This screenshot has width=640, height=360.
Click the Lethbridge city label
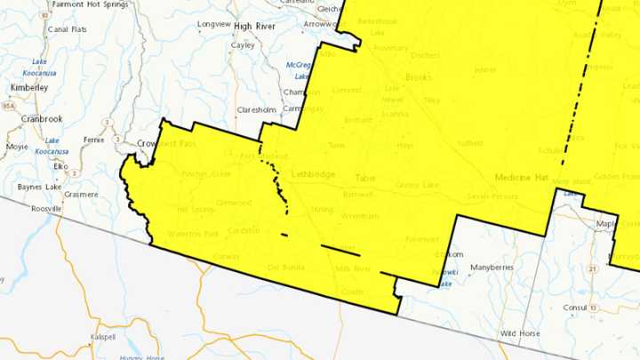[314, 174]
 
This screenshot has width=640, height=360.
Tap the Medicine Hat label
[521, 178]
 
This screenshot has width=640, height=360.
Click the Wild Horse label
[519, 333]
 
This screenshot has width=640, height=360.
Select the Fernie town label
[93, 140]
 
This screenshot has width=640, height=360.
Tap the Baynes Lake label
[36, 188]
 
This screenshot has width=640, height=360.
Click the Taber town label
[366, 178]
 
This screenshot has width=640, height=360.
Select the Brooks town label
[418, 77]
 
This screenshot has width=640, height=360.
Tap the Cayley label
[243, 44]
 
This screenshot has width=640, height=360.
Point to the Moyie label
[18, 147]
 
